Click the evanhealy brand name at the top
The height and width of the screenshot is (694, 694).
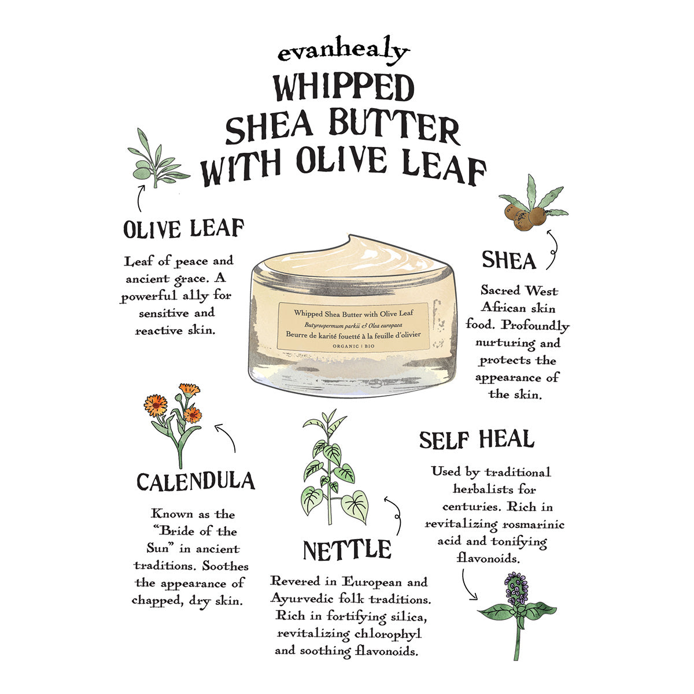coord(343,51)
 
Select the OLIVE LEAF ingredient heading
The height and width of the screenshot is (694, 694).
coord(184,228)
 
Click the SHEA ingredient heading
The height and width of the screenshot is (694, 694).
coord(509,260)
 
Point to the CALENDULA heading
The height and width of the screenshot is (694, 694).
coord(195,482)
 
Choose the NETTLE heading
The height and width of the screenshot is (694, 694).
coord(347,550)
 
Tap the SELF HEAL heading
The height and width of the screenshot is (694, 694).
coord(477,440)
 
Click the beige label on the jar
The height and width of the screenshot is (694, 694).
coord(353,326)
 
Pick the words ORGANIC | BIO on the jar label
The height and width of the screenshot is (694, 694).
coord(353,346)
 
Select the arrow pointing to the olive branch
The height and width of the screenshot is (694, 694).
coord(140,198)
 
